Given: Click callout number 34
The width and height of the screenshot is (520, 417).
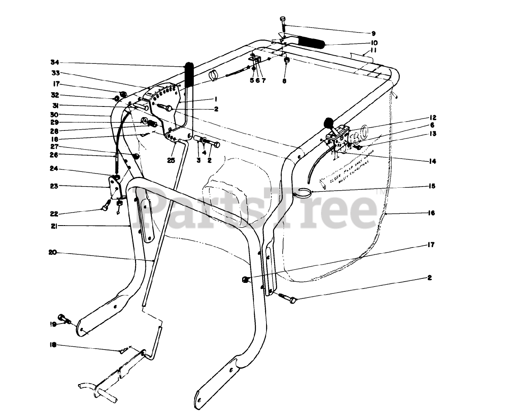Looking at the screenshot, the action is point(55,62).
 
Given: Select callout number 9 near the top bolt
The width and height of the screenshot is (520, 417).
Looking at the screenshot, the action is point(373,33).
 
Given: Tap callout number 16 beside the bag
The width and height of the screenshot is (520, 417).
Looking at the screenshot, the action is point(431,213).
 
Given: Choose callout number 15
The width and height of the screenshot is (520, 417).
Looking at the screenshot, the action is point(431,186).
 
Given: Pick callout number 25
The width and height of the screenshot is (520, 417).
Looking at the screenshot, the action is point(171,161).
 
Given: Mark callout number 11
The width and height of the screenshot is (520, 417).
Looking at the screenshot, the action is point(373,51).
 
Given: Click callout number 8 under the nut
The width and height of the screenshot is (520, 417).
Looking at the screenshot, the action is point(284,81).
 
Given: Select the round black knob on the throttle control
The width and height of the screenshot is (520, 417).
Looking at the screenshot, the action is point(328,122).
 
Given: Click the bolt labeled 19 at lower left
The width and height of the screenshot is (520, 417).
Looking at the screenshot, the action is point(64,318).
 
